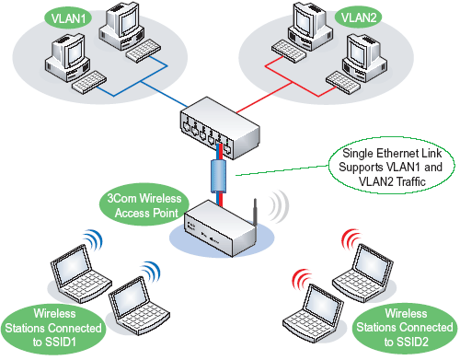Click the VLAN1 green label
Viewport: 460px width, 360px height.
[x=68, y=18]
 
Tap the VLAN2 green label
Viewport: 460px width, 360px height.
[x=358, y=17]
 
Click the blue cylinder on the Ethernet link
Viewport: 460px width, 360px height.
[x=219, y=176]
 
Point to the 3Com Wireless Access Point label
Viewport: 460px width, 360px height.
[x=144, y=205]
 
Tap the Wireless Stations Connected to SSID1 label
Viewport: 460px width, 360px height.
[x=53, y=328]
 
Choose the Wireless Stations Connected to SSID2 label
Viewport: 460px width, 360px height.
[x=405, y=328]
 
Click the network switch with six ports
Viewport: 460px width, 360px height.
[x=220, y=128]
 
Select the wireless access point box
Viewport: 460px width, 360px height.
[x=221, y=228]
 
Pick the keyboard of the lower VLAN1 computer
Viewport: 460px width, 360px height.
[x=89, y=82]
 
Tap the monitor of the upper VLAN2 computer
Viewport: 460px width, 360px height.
[x=305, y=20]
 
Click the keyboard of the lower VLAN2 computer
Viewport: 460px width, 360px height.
[x=343, y=82]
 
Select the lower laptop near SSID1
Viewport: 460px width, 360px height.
[x=138, y=305]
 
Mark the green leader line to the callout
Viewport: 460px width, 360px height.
[x=282, y=170]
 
